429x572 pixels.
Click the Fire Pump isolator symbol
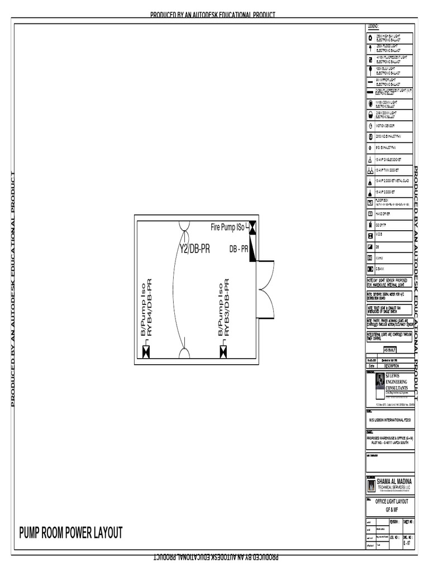coord(252,227)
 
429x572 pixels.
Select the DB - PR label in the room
coord(239,249)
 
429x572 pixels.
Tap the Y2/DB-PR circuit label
coord(194,249)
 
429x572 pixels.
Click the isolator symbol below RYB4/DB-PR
coord(146,351)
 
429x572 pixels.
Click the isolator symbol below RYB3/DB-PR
coord(223,351)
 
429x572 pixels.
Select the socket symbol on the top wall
coord(184,226)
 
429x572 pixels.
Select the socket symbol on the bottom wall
coord(184,354)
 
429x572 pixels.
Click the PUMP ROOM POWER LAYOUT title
coord(70,532)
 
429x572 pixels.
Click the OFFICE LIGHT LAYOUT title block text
coord(392,502)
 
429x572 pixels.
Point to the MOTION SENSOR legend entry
coord(385,126)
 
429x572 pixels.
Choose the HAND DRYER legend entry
coord(385,213)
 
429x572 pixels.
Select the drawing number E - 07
coord(407,542)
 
